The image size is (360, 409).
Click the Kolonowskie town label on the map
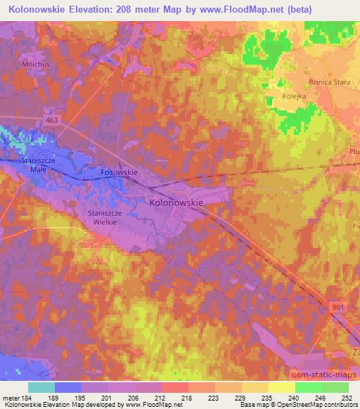tap(176, 202)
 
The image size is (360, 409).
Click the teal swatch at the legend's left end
tap(41, 387)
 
